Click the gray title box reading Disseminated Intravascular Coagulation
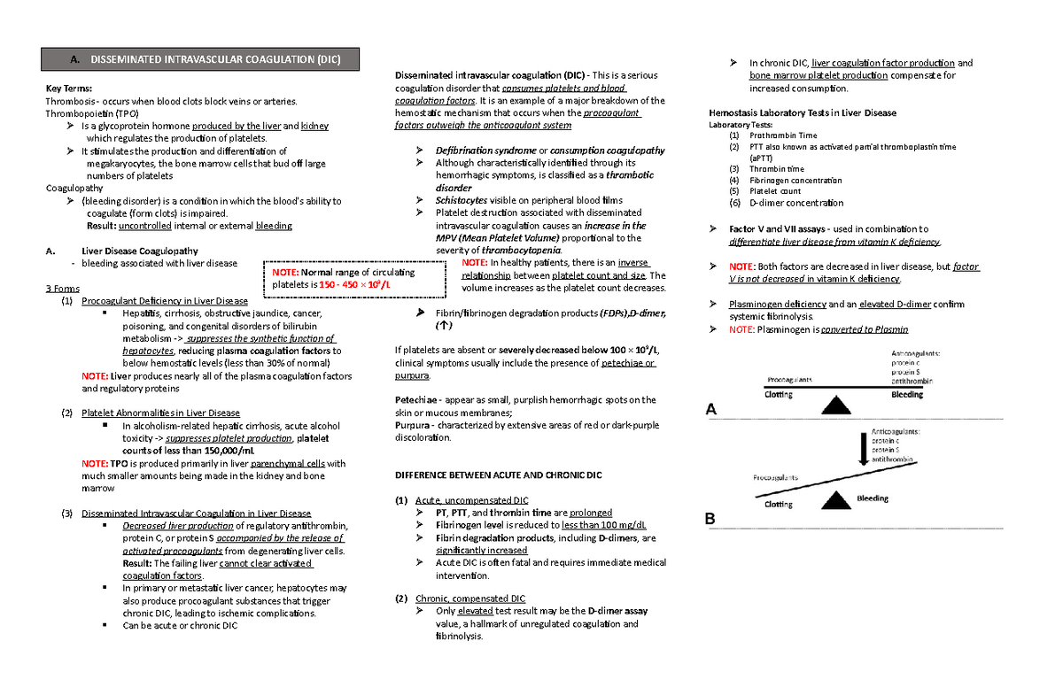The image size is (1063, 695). click(x=191, y=60)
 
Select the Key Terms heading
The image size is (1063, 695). click(x=68, y=89)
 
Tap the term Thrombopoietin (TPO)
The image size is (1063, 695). click(x=92, y=113)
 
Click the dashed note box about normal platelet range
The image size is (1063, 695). click(x=353, y=279)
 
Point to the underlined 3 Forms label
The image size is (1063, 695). click(x=62, y=289)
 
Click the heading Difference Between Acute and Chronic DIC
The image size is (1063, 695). click(x=497, y=475)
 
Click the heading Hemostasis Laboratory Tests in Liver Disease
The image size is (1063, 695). click(x=803, y=112)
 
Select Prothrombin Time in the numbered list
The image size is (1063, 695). click(x=783, y=135)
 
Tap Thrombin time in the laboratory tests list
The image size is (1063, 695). click(x=776, y=168)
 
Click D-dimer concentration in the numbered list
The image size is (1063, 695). click(x=790, y=203)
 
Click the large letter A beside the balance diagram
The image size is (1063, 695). click(x=710, y=410)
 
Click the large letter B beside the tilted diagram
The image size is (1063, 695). click(x=710, y=520)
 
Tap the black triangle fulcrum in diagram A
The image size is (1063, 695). click(x=834, y=405)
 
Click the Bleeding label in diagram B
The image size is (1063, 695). click(x=872, y=498)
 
